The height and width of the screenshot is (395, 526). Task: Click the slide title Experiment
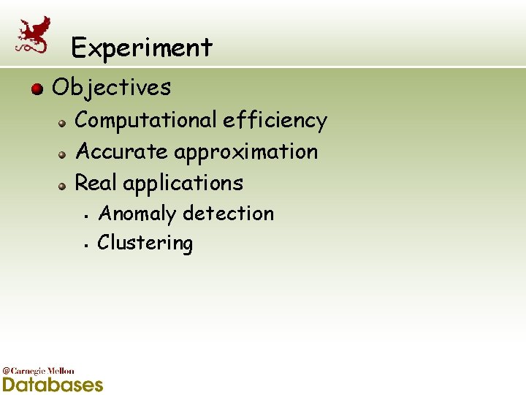(x=142, y=48)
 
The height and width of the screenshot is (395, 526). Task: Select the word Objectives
(x=112, y=88)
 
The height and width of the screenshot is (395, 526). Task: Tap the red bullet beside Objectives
(x=37, y=89)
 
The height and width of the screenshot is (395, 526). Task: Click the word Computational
(x=146, y=120)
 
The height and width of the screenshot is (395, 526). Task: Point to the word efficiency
(x=275, y=120)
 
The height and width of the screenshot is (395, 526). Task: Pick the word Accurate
(x=122, y=151)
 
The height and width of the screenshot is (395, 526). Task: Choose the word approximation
(x=245, y=152)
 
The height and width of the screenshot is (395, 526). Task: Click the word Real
(x=96, y=183)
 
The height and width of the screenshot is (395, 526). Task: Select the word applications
(x=183, y=183)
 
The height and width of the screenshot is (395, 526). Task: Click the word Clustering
(x=145, y=244)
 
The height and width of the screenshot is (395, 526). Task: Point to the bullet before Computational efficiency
(x=64, y=122)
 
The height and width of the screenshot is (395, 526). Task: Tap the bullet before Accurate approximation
(x=64, y=154)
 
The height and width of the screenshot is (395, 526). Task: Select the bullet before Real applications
(x=64, y=185)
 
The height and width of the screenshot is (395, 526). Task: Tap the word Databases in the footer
(x=53, y=384)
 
